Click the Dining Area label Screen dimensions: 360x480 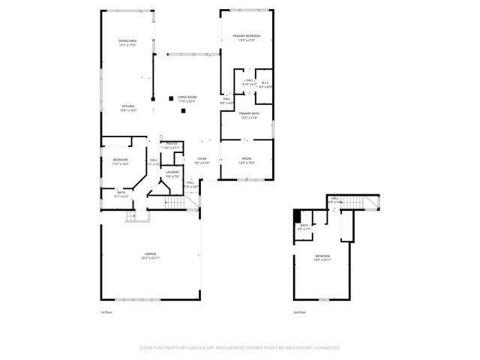coord(127,40)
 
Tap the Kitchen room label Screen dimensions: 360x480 coord(128,106)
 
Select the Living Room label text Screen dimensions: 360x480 coord(187,97)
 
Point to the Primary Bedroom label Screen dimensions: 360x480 coord(246,36)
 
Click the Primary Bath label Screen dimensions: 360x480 coord(249,113)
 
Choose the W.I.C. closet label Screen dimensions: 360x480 coord(265,82)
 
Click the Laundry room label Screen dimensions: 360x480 coord(172,172)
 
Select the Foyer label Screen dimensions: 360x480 coord(202,159)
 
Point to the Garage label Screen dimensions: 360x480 coord(151,255)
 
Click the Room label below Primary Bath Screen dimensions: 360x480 coord(247,159)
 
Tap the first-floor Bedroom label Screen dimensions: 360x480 coord(120,160)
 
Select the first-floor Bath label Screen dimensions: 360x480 coord(121,192)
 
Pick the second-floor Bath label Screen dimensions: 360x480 coord(304,226)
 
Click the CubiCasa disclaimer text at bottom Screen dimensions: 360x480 coord(240,348)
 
